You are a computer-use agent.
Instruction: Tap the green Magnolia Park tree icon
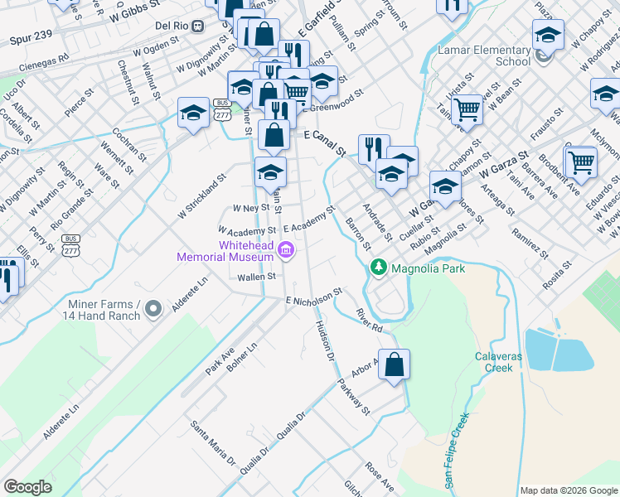tap(379, 268)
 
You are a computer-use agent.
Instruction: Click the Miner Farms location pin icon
tap(153, 310)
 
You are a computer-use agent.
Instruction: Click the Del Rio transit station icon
tap(197, 26)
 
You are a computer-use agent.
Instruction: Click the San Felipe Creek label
tap(458, 447)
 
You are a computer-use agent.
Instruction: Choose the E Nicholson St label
tap(313, 297)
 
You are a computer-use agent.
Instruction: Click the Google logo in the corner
tap(27, 487)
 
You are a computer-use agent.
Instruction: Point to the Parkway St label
tap(353, 395)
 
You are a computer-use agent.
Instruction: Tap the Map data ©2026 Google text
tap(568, 490)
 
